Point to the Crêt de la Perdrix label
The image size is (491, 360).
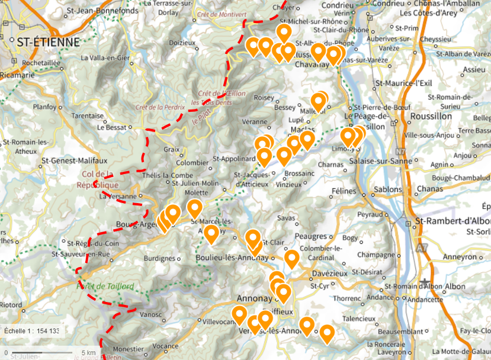(160, 107)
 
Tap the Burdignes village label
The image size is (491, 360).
(161, 259)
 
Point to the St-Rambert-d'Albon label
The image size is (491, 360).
(454, 221)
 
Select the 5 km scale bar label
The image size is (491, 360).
(89, 353)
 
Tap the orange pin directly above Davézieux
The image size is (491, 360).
(291, 258)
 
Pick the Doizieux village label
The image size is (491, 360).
(182, 43)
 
